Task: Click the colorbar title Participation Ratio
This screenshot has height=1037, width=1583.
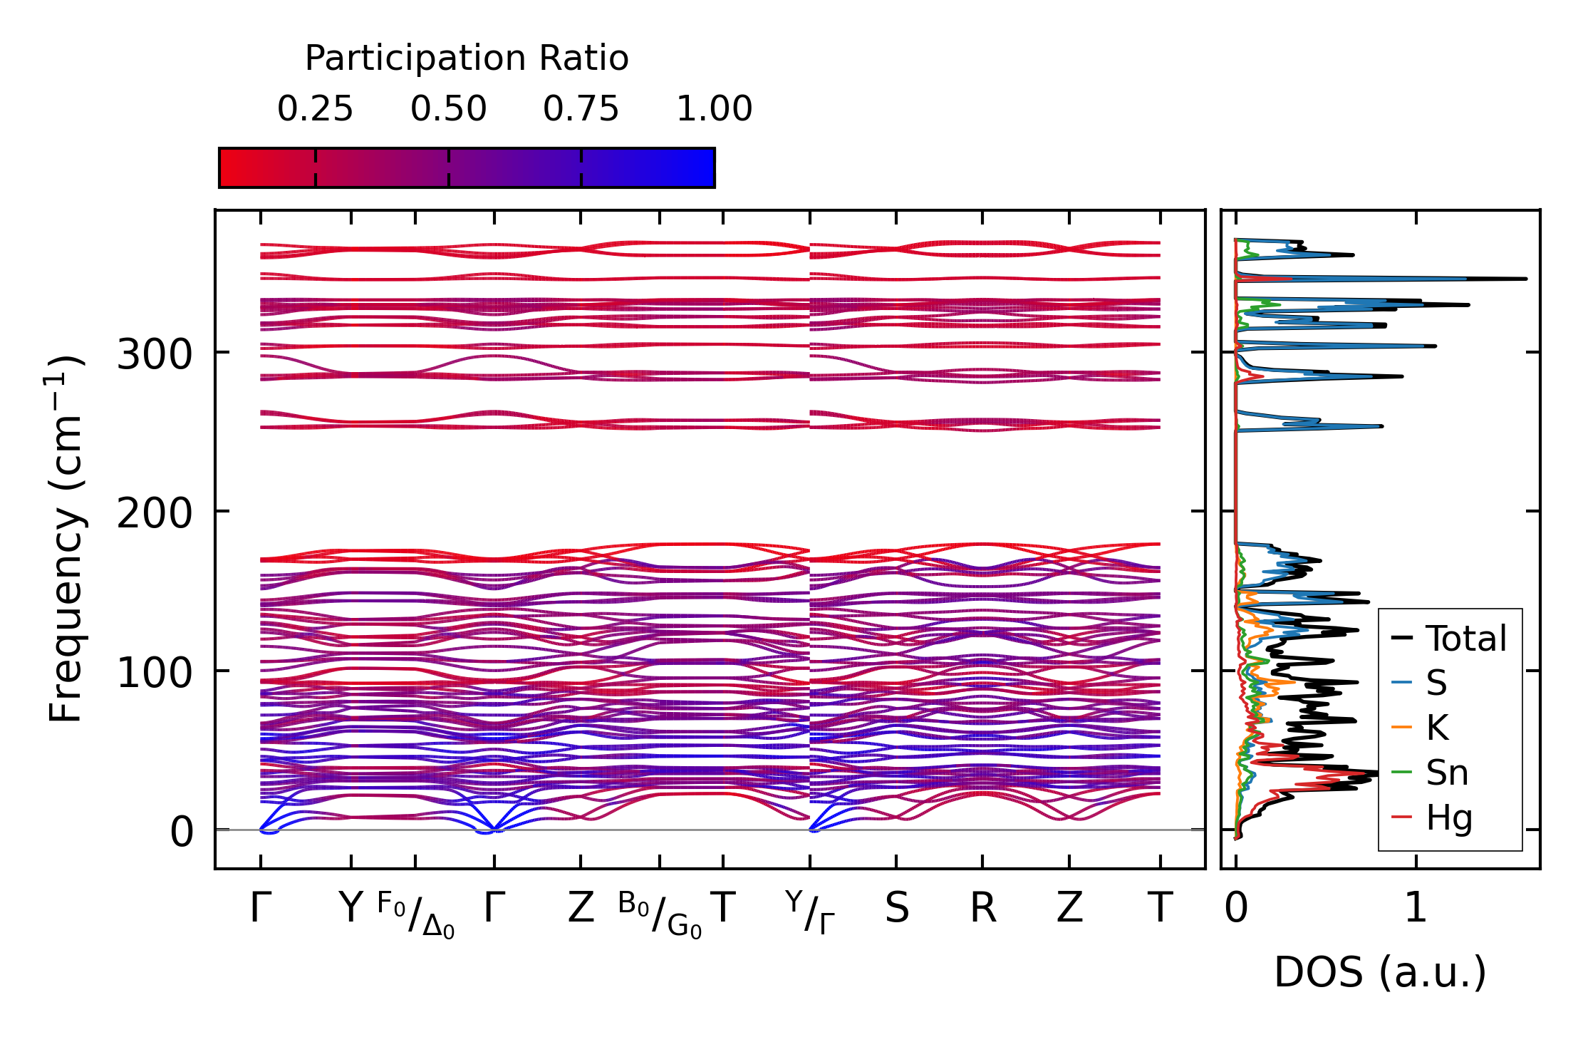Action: pos(467,58)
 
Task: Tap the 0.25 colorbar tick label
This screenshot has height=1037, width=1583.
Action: pos(315,110)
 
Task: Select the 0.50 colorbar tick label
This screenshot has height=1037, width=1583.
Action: pos(448,110)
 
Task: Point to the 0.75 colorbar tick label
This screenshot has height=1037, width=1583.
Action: pos(581,110)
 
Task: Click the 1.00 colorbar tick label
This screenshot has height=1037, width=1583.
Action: pos(714,110)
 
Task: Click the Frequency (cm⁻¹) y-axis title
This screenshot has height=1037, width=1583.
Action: pos(66,538)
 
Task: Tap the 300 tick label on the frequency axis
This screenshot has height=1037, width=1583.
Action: pos(155,354)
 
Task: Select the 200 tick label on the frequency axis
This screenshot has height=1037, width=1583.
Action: pos(155,513)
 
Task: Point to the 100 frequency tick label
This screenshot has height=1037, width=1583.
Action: pos(155,673)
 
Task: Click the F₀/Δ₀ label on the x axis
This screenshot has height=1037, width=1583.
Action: pos(415,915)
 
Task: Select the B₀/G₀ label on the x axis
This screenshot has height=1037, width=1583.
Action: pos(660,915)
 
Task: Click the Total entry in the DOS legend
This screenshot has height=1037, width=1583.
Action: pos(1465,639)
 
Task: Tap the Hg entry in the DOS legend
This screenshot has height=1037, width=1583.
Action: pos(1448,817)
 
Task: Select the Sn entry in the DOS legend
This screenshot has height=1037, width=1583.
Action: pos(1446,773)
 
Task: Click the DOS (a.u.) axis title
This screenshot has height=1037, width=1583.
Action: pos(1380,973)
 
